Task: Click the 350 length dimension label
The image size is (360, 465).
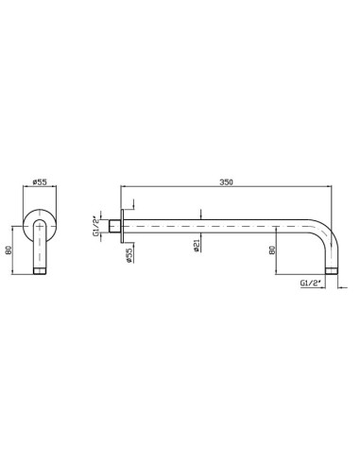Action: pyautogui.click(x=226, y=182)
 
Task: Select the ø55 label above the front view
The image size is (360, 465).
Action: pyautogui.click(x=40, y=181)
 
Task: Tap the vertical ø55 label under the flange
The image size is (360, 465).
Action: pyautogui.click(x=129, y=255)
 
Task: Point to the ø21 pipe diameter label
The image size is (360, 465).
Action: pyautogui.click(x=197, y=245)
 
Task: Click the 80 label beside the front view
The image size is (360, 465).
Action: pyautogui.click(x=9, y=250)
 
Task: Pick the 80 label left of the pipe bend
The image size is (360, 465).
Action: pyautogui.click(x=272, y=250)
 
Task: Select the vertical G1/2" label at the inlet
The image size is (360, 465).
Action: pyautogui.click(x=95, y=226)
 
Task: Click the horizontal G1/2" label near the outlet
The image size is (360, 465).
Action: pyautogui.click(x=310, y=283)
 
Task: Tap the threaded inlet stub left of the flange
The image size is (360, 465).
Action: pyautogui.click(x=114, y=226)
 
